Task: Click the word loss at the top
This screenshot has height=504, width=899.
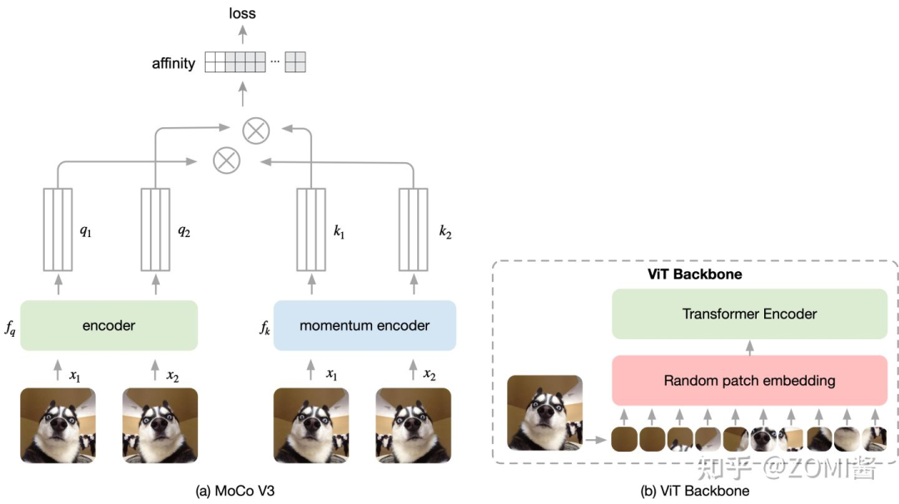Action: coord(242,13)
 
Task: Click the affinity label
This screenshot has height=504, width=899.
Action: coord(173,63)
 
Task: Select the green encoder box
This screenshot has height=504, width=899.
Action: coord(109,326)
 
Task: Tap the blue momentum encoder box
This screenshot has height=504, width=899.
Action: coord(365,326)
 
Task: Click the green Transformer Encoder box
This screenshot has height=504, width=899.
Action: coord(749,314)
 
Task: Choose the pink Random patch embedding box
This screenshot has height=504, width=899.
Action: coord(749,381)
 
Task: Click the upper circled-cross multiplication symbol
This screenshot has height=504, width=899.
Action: coord(256,130)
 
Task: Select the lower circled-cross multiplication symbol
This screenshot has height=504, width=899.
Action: coord(226,160)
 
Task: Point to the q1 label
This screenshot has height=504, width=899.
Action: coord(86,231)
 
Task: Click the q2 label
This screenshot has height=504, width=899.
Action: coord(184,231)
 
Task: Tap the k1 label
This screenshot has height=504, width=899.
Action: coord(339,231)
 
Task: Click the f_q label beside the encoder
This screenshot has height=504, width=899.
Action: coord(10,328)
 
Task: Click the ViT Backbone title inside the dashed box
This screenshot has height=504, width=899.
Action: coord(694,274)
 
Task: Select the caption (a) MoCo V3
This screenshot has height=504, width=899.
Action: coord(234,491)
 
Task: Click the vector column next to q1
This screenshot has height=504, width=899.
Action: coord(57,230)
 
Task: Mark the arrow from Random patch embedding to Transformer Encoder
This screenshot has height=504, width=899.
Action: coord(749,347)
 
